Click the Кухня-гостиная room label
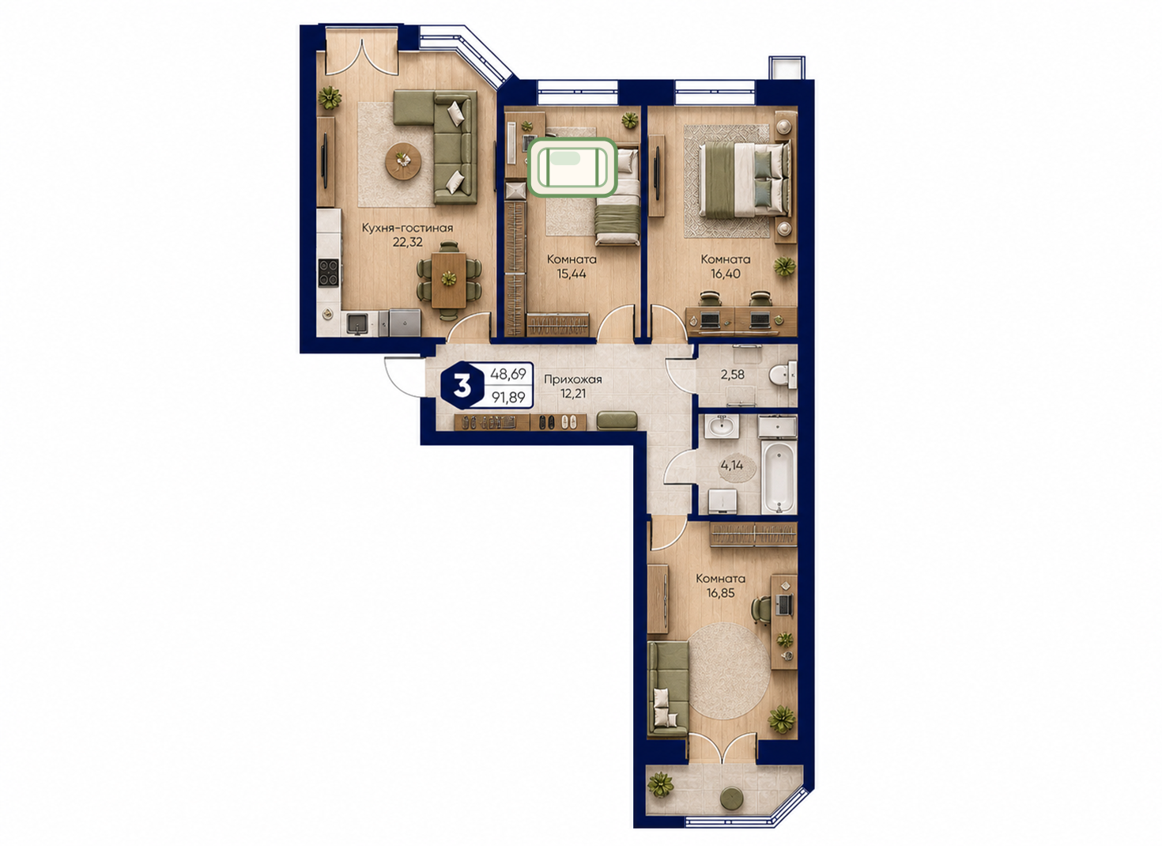[407, 228]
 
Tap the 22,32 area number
[407, 242]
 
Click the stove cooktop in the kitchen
[329, 272]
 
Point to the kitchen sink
[357, 323]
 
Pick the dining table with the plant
[449, 279]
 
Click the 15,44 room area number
[572, 273]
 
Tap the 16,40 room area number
[725, 273]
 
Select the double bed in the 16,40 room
[745, 179]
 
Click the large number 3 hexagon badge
[462, 386]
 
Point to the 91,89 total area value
[508, 398]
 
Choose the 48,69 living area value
[508, 374]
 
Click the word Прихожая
[572, 380]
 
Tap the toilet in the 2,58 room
[783, 376]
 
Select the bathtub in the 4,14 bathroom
[779, 477]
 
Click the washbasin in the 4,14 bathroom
[721, 427]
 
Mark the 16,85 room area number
[721, 593]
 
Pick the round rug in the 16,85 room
[729, 670]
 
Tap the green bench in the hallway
[617, 421]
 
